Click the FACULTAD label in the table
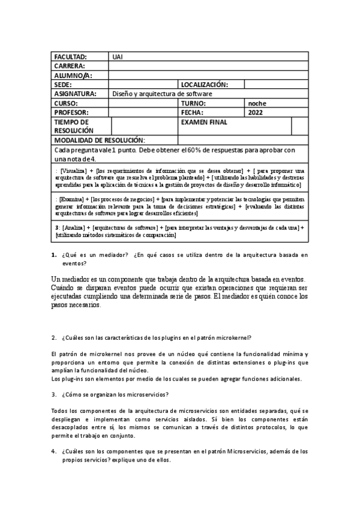click(x=70, y=56)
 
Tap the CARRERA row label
click(x=70, y=66)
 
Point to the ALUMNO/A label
click(x=73, y=76)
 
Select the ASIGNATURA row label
click(x=75, y=94)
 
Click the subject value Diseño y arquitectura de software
click(x=162, y=94)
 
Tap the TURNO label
click(x=193, y=103)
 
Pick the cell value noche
click(x=257, y=103)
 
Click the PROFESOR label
click(x=71, y=112)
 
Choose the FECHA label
click(x=191, y=112)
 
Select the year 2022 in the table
click(x=255, y=112)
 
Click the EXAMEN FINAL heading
click(x=203, y=122)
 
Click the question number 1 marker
click(x=54, y=255)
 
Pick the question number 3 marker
click(x=54, y=394)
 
